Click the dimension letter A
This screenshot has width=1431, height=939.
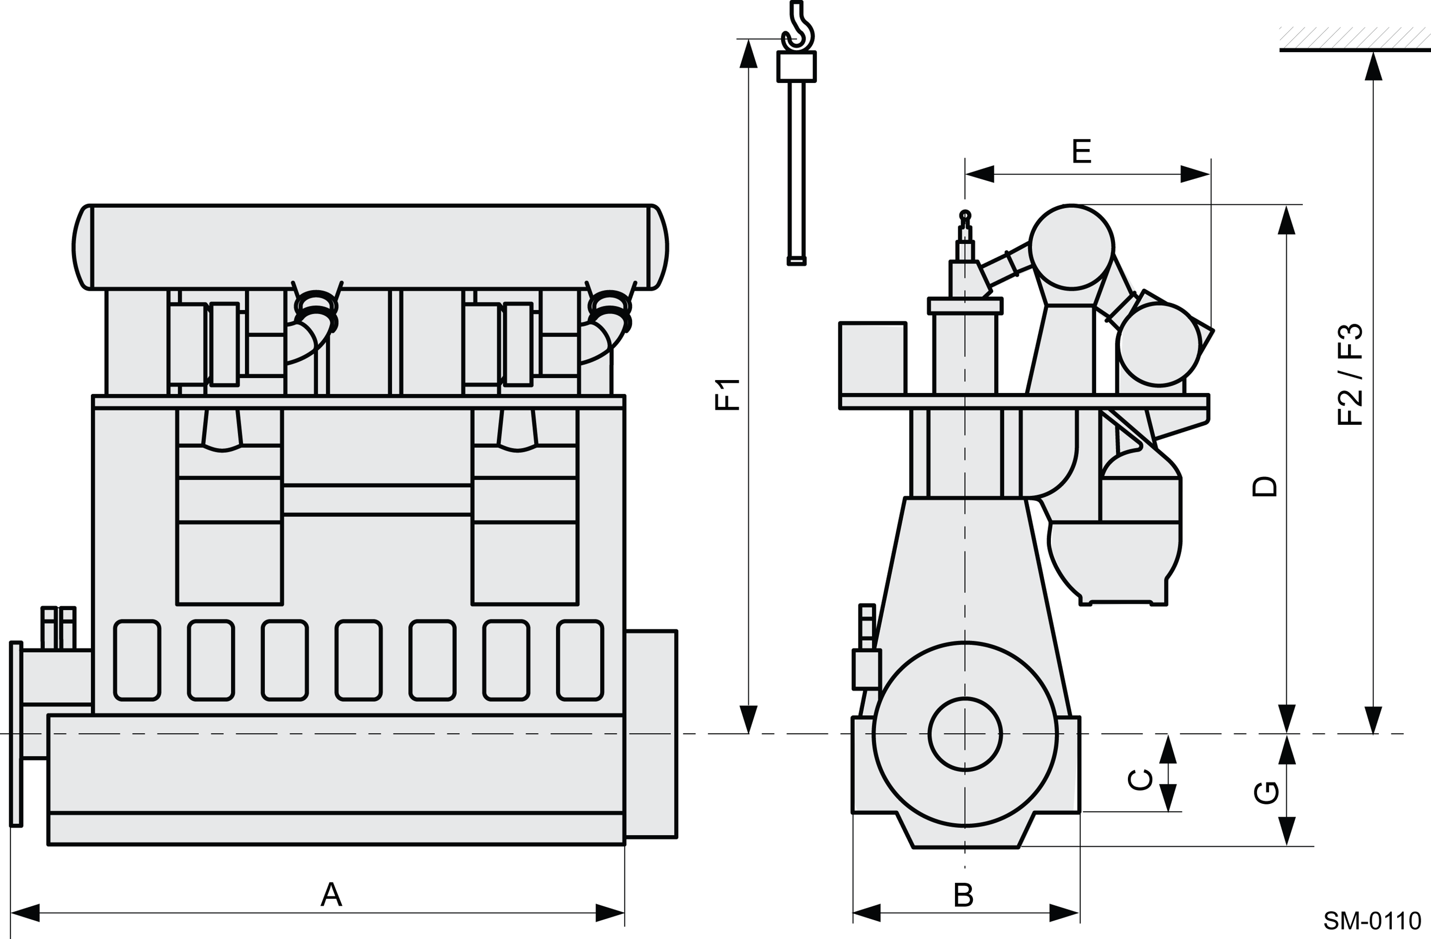point(331,895)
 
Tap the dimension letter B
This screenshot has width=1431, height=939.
point(963,895)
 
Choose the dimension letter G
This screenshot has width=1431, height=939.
point(1266,792)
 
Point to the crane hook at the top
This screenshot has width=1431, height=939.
point(799,27)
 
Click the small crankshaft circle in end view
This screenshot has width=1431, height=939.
point(965,734)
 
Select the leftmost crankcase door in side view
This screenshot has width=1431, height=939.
point(137,660)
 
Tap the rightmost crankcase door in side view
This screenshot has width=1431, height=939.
point(580,660)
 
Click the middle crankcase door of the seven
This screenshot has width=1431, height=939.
point(359,660)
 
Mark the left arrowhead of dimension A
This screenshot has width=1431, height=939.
point(25,913)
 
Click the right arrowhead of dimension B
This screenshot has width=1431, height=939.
point(1065,913)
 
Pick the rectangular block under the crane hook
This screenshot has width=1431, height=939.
point(797,66)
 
